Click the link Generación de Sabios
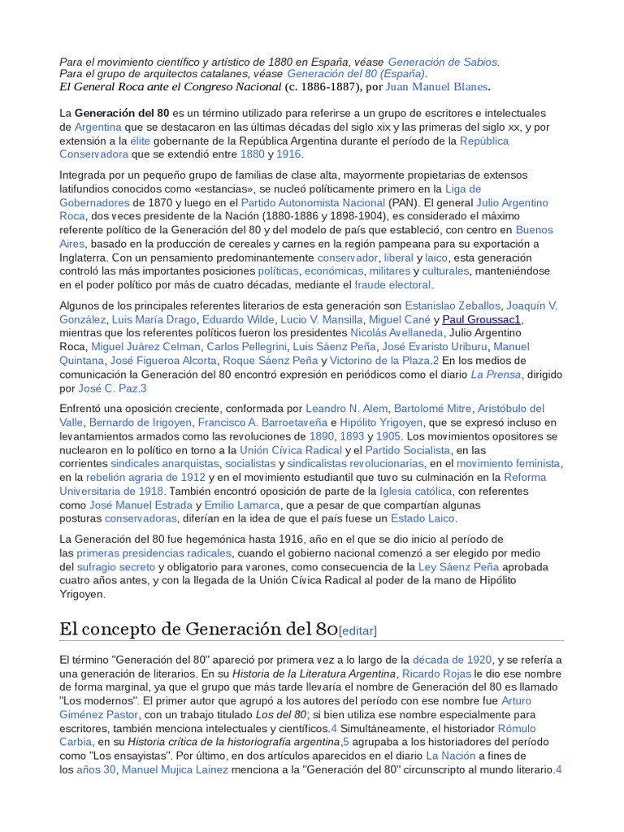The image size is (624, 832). pyautogui.click(x=443, y=62)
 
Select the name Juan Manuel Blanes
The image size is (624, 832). pyautogui.click(x=437, y=87)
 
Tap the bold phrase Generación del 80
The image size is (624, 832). pyautogui.click(x=122, y=113)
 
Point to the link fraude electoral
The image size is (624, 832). pyautogui.click(x=392, y=285)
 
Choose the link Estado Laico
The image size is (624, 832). pyautogui.click(x=423, y=518)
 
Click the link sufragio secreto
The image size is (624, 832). pyautogui.click(x=115, y=567)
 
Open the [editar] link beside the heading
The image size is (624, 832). pyautogui.click(x=357, y=630)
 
